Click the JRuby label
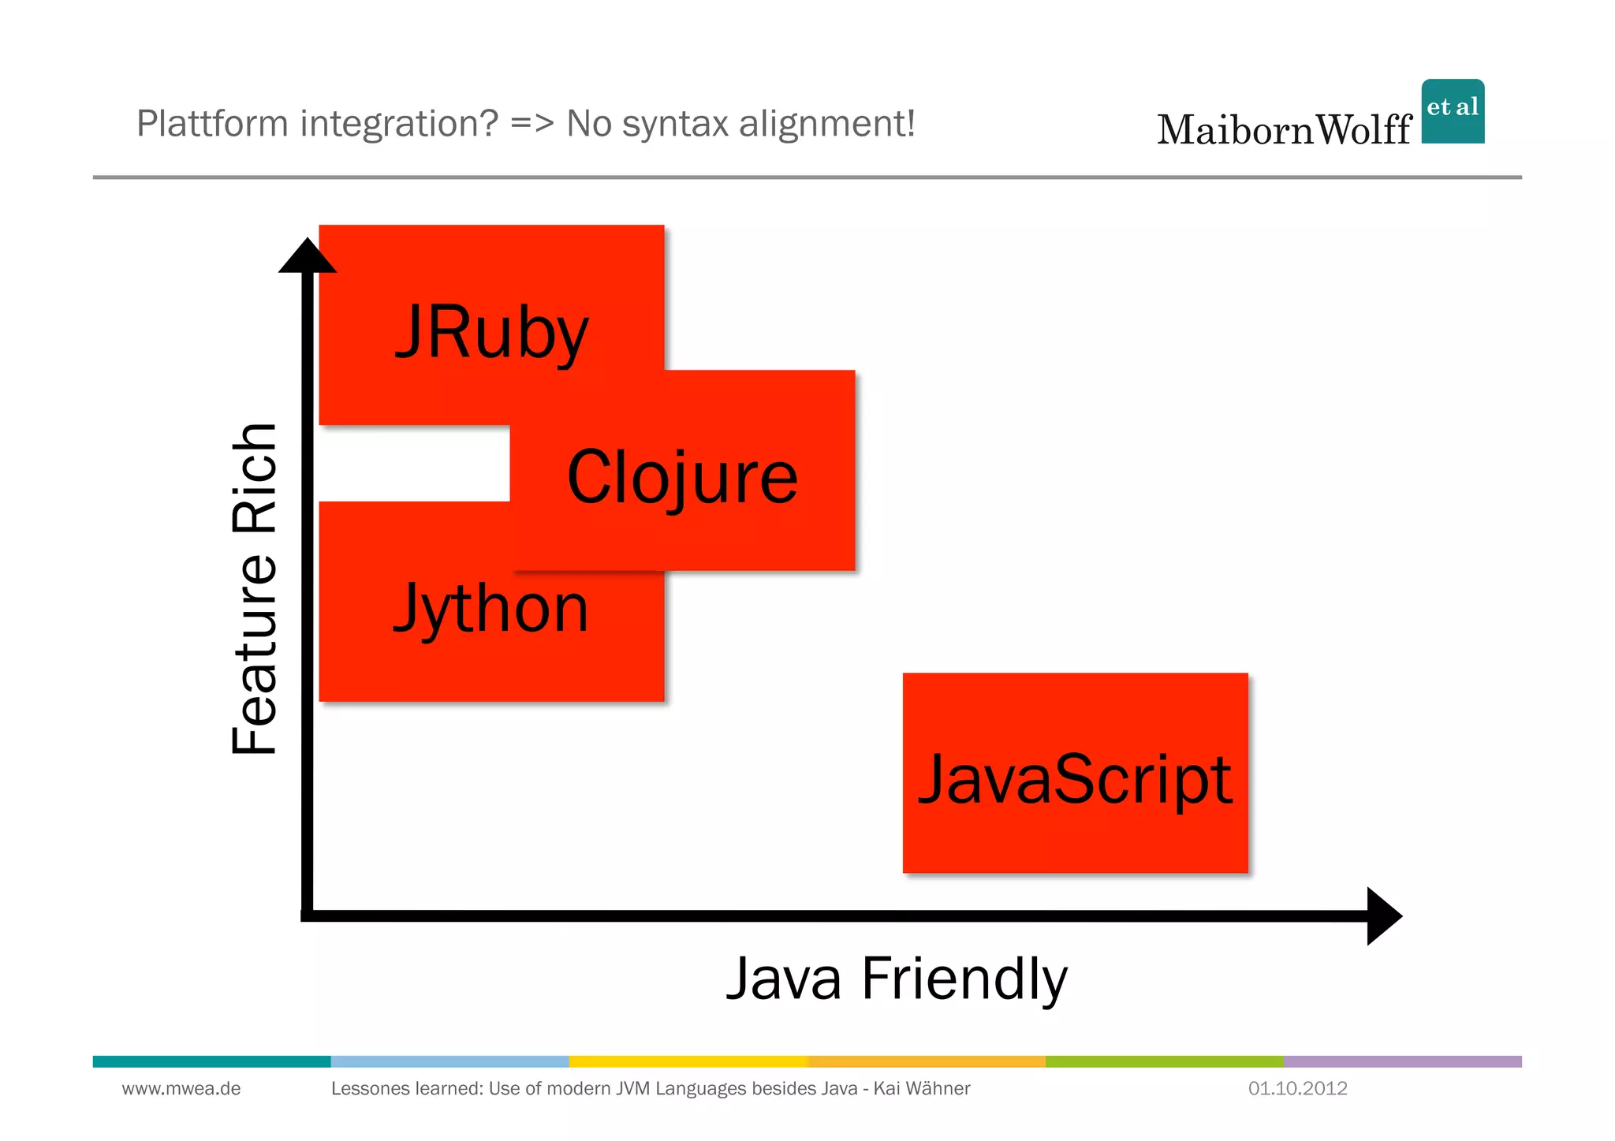491,333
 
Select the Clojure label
682,477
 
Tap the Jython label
490,609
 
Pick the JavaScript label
1075,779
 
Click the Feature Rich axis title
255,589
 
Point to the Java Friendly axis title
897,979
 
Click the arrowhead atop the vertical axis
308,256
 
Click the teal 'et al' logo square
1453,111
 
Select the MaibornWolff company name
1284,130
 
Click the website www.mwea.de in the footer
181,1089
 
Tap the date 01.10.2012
1297,1089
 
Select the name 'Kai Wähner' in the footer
921,1089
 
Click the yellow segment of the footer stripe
688,1061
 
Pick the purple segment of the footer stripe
1402,1061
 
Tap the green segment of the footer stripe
1164,1061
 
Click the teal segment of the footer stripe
211,1061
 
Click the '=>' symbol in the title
532,124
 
